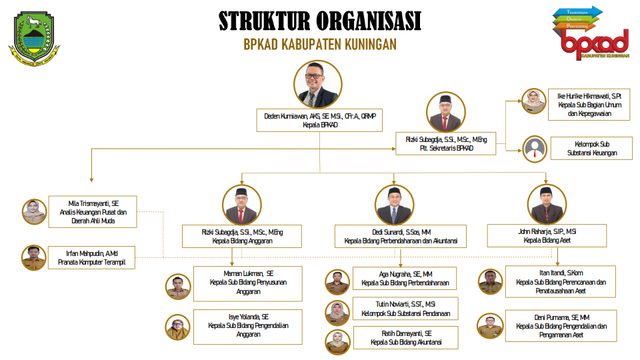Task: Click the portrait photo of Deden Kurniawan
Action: point(318,85)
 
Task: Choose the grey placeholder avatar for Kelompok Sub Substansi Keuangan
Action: point(534,148)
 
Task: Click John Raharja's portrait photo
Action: point(547,204)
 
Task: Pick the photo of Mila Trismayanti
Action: point(33,211)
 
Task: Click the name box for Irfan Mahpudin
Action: point(92,258)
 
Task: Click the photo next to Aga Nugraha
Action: point(337,282)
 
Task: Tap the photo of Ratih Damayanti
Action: point(337,341)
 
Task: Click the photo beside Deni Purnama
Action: point(490,326)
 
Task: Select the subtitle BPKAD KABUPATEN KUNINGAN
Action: point(320,44)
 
